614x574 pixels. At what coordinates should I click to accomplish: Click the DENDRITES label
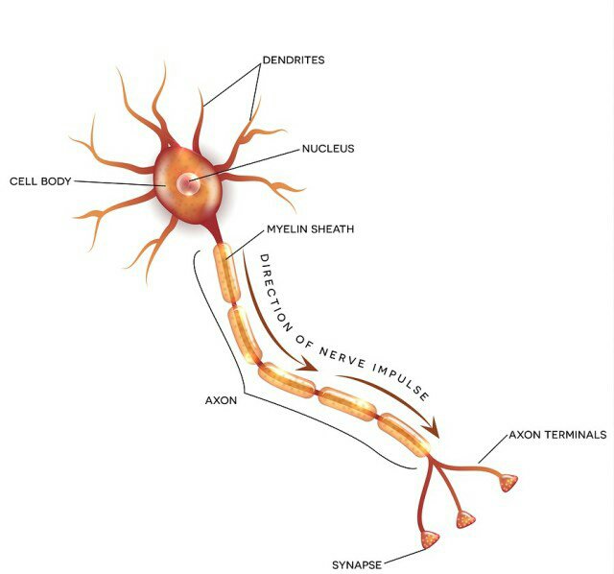pos(294,60)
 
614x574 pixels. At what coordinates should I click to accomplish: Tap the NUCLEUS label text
pos(328,149)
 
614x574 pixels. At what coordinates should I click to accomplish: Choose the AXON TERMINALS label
pos(557,434)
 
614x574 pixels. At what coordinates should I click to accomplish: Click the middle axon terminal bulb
pos(466,519)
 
